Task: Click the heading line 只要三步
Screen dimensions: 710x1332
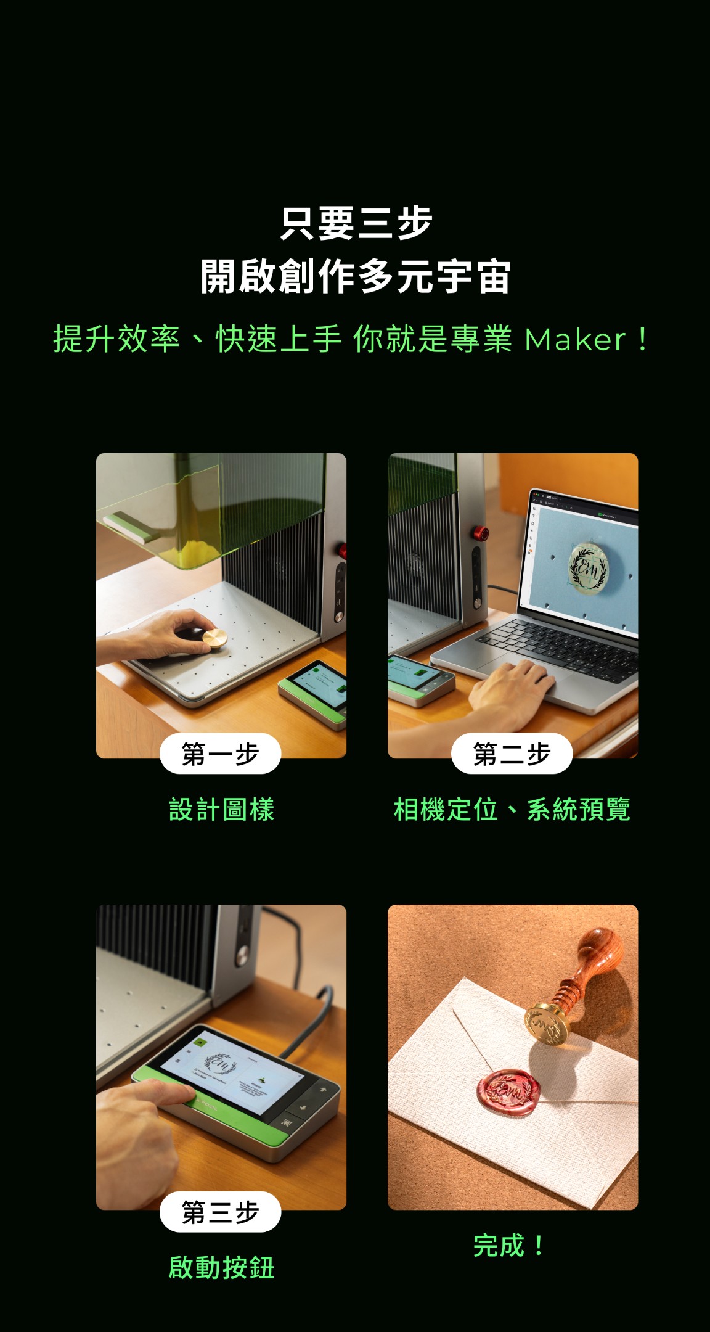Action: pyautogui.click(x=356, y=223)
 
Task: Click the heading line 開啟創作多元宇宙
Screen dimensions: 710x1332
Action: pyautogui.click(x=356, y=277)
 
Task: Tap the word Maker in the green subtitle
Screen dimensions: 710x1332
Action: pyautogui.click(x=574, y=340)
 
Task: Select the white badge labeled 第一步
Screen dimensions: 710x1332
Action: pyautogui.click(x=220, y=754)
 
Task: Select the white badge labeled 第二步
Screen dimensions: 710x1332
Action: pyautogui.click(x=512, y=754)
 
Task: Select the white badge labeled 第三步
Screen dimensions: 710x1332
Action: pyautogui.click(x=220, y=1212)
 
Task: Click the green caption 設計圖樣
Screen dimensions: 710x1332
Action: pyautogui.click(x=221, y=810)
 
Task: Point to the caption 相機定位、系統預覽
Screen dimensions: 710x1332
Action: pyautogui.click(x=512, y=810)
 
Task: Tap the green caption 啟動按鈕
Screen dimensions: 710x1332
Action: pyautogui.click(x=221, y=1268)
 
